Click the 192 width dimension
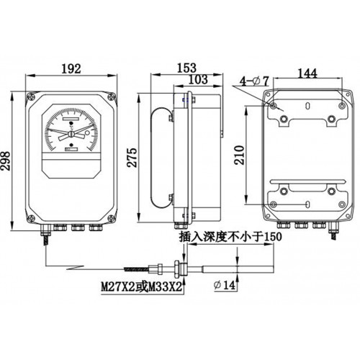tap(71, 69)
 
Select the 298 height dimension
tap(6, 161)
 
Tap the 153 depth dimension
tap(186, 68)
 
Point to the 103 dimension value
tap(198, 79)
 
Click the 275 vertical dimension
tap(132, 158)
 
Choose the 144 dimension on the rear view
tap(307, 73)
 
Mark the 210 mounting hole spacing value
tap(239, 155)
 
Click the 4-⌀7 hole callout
tap(254, 81)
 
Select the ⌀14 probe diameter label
tap(224, 285)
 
